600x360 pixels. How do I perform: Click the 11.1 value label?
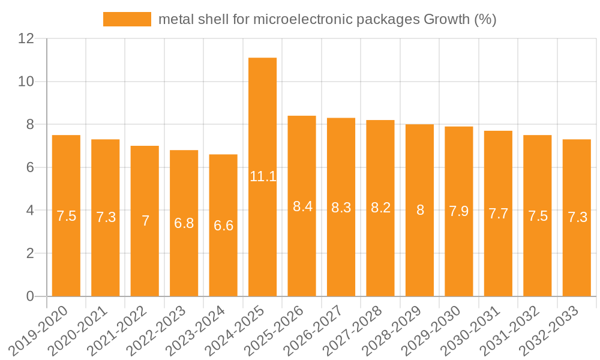(263, 176)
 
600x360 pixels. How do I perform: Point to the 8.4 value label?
(302, 206)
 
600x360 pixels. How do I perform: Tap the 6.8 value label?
(184, 223)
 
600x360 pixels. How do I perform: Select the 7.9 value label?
(459, 211)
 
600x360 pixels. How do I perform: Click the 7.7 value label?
(498, 214)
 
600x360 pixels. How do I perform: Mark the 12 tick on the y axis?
(26, 38)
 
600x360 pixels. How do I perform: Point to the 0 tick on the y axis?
(31, 296)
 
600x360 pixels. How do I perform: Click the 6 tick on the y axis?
(31, 167)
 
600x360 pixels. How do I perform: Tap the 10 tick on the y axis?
(26, 82)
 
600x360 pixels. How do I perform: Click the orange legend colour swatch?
(127, 19)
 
